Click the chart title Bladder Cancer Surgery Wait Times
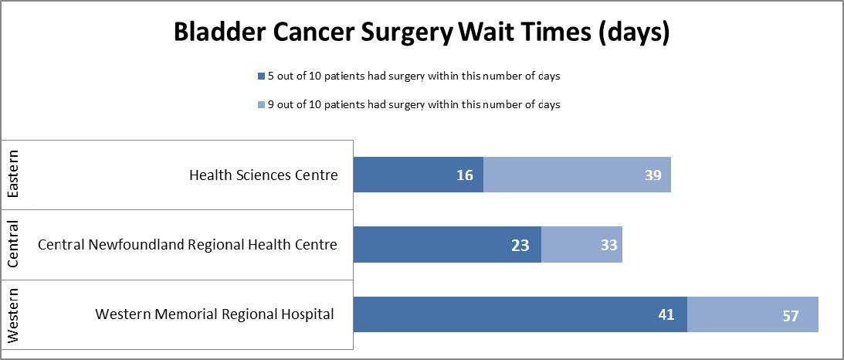pos(421,33)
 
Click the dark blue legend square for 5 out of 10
pos(260,76)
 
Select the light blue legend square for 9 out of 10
pos(260,105)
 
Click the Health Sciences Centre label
pos(263,175)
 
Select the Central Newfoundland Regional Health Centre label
pos(188,245)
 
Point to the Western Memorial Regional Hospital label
pos(215,314)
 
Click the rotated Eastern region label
pos(14,175)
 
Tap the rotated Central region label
pos(14,245)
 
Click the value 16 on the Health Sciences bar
pos(464,175)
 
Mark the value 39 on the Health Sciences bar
pos(653,175)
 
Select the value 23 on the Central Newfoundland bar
pos(520,246)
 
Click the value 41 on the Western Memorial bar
pos(666,315)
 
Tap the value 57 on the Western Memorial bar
pos(789,316)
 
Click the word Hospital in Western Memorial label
pos(307,314)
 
